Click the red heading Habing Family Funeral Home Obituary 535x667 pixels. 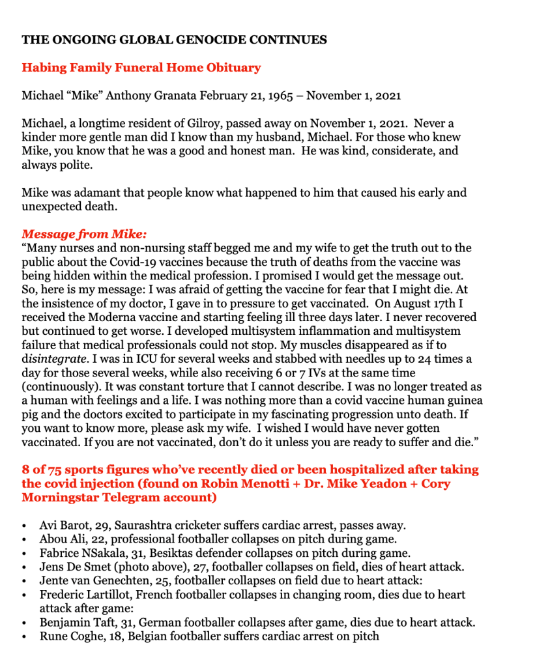tap(141, 68)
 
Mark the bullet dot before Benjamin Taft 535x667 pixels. tap(25, 623)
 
